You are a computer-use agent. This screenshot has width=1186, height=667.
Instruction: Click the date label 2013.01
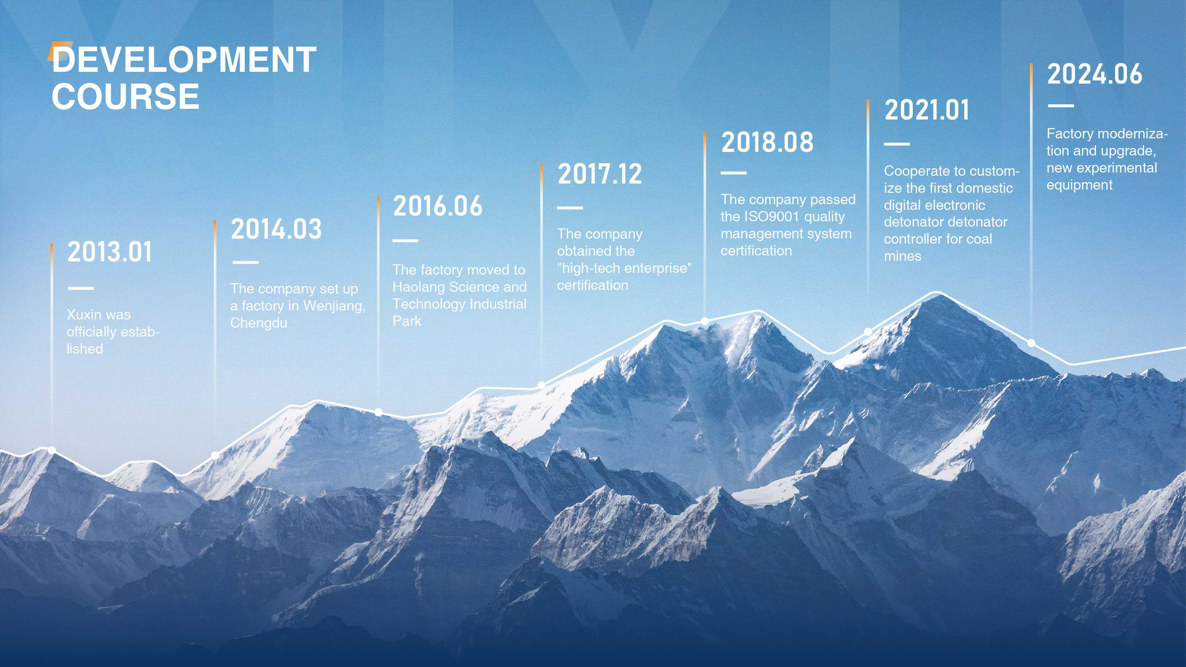tap(109, 252)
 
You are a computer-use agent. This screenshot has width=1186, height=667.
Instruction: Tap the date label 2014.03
tap(276, 229)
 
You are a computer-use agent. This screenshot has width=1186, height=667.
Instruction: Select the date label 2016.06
tap(438, 205)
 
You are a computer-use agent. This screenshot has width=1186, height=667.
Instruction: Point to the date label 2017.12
tap(599, 174)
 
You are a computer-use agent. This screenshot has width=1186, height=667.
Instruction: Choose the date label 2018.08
tap(767, 142)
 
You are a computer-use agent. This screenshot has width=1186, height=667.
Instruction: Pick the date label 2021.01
tap(926, 110)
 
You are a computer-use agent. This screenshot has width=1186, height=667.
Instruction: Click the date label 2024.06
tap(1094, 74)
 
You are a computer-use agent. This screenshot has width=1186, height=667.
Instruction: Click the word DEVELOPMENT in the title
tap(184, 60)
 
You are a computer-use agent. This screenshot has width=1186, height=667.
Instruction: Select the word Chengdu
tap(259, 323)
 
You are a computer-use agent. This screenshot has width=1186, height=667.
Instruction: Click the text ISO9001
tap(772, 216)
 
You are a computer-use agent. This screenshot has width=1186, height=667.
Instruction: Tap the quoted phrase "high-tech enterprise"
tap(624, 268)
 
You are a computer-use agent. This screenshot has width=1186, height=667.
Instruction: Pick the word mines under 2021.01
tap(902, 256)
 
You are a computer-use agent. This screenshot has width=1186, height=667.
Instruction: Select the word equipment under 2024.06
tap(1079, 185)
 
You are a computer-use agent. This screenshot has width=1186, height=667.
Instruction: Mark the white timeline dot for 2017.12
tap(542, 385)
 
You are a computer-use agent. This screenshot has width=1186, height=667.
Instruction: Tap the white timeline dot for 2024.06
tap(1031, 343)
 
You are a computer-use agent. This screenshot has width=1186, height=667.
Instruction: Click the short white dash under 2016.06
tap(405, 240)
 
